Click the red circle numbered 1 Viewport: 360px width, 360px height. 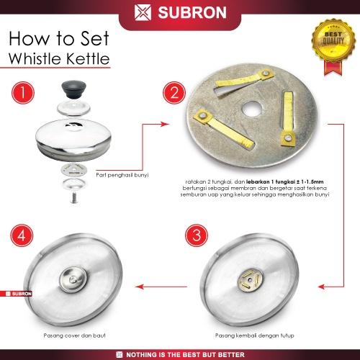[23, 93]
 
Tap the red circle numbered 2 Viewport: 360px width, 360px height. [174, 93]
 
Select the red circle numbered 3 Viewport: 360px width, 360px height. [197, 235]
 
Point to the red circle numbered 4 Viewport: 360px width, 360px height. [22, 235]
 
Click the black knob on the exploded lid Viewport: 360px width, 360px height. [73, 89]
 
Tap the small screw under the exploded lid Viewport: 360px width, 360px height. [74, 198]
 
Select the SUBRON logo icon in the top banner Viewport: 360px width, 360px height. [143, 12]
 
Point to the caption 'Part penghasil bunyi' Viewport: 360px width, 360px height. [122, 175]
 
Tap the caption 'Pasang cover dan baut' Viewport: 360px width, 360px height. [74, 336]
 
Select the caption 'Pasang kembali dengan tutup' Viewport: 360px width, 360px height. [254, 336]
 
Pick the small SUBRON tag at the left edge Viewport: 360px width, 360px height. [16, 294]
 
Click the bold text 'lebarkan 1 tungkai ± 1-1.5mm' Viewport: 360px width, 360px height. [285, 181]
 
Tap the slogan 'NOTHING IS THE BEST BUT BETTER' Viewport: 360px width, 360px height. [185, 354]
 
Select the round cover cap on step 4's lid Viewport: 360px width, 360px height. [73, 279]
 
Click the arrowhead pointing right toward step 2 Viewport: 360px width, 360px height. [165, 124]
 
